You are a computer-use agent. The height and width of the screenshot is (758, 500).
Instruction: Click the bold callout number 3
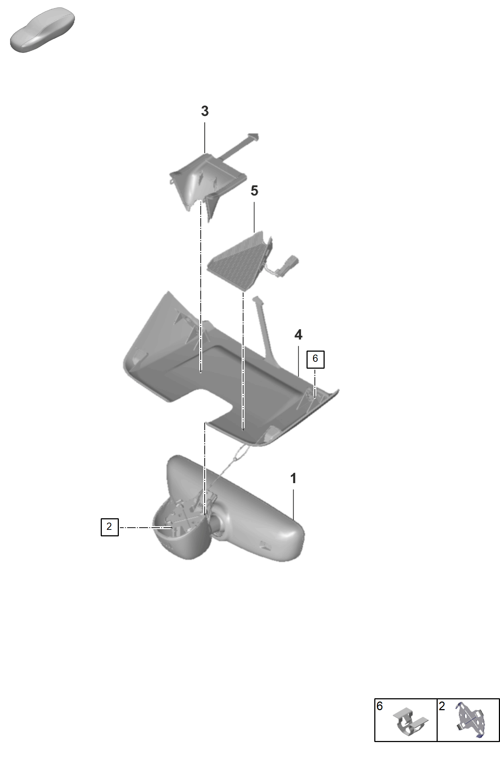[205, 111]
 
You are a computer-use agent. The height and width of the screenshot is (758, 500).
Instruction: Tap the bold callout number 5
[254, 191]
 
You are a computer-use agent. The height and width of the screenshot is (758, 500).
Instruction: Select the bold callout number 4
[298, 335]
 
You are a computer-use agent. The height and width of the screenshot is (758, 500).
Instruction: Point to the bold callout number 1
[293, 478]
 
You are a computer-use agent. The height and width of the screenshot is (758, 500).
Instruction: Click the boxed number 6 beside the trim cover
[315, 359]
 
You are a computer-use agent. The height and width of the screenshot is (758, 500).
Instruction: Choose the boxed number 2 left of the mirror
[109, 527]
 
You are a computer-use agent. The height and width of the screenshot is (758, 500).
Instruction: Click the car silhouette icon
[42, 29]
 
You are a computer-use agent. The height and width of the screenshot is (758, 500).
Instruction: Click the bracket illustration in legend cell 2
[471, 720]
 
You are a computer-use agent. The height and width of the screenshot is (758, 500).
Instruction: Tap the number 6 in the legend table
[380, 706]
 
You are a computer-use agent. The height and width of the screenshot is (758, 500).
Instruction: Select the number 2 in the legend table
[442, 706]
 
